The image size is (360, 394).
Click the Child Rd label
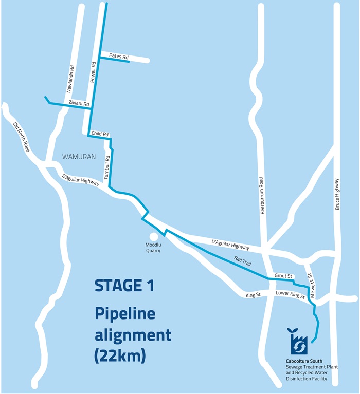100,134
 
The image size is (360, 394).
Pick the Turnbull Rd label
106,167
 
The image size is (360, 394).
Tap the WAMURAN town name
79,157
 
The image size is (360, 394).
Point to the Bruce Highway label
337,194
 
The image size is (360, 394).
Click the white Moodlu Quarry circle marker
153,236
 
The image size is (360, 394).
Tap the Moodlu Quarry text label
153,248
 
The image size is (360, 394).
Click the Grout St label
283,276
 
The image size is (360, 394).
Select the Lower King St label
290,295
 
